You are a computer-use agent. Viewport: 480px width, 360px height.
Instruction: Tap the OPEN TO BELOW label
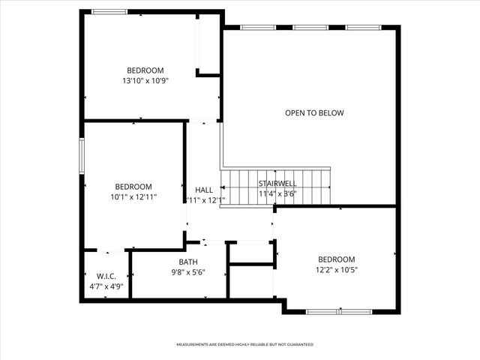(x=314, y=113)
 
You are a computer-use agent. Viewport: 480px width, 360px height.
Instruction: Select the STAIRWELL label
(x=277, y=183)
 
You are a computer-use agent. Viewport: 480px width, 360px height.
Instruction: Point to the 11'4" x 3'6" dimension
(x=277, y=193)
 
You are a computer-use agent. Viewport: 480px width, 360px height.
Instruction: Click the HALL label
(x=204, y=190)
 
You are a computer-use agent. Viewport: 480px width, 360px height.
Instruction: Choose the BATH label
(x=188, y=262)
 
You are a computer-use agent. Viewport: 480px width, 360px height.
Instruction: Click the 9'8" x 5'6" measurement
(x=188, y=271)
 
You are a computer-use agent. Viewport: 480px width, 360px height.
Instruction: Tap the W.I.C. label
(x=106, y=276)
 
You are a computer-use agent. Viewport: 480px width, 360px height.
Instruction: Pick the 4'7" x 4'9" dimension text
(x=106, y=286)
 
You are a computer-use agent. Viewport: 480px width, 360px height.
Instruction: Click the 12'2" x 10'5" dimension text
(x=336, y=269)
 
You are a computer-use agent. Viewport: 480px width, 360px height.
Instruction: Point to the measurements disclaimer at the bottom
(x=244, y=344)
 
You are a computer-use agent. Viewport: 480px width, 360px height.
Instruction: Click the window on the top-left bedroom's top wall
(x=109, y=11)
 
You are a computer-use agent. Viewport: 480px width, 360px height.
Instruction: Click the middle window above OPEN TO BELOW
(x=310, y=28)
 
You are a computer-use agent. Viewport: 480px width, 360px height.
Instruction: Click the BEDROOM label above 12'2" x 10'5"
(x=336, y=259)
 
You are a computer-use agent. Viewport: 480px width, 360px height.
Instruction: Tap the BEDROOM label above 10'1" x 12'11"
(x=133, y=187)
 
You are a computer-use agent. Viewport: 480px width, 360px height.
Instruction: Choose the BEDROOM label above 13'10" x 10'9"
(x=145, y=70)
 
